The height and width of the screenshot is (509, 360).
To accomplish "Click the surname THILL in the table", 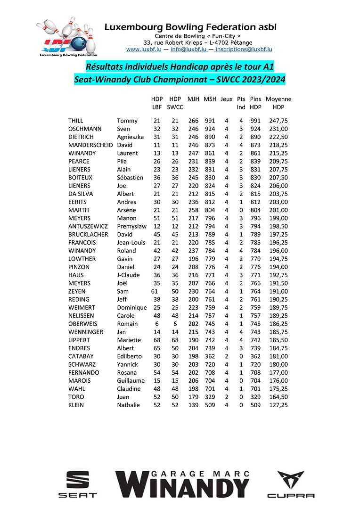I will pos(75,121).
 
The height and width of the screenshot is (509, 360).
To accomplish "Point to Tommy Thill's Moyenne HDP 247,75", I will pos(278,121).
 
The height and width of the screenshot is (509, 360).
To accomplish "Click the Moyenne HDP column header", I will pos(278,103).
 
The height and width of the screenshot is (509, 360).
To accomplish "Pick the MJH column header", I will pos(193,99).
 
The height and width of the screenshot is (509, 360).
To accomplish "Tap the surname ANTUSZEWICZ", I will pos(88,226).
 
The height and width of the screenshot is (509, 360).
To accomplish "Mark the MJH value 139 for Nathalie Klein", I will pos(193,405).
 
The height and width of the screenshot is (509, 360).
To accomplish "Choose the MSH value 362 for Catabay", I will pos(210,356).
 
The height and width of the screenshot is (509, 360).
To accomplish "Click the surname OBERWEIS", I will pos(83,324).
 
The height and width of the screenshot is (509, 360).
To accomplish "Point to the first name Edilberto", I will pos(131,356).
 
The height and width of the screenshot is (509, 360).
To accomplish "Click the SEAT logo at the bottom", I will pos(77,484).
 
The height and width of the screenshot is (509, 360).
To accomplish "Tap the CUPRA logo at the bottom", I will pos(290,484).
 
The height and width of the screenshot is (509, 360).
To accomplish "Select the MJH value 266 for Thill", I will pos(193,121).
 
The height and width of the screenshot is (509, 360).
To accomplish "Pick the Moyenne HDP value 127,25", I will pos(278,405).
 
